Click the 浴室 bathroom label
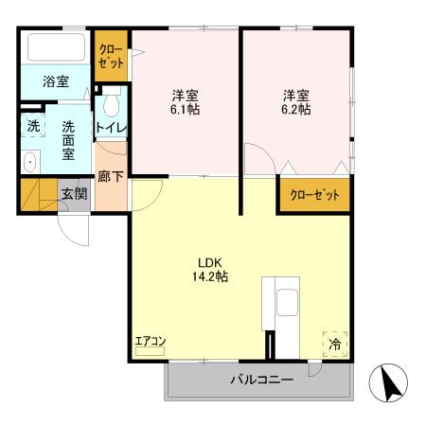56,82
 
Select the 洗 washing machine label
33,125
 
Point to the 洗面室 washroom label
68,139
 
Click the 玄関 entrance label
75,194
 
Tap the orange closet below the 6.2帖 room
313,194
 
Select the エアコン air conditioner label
150,340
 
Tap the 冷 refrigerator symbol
334,345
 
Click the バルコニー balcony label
261,382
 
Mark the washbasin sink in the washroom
29,161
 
